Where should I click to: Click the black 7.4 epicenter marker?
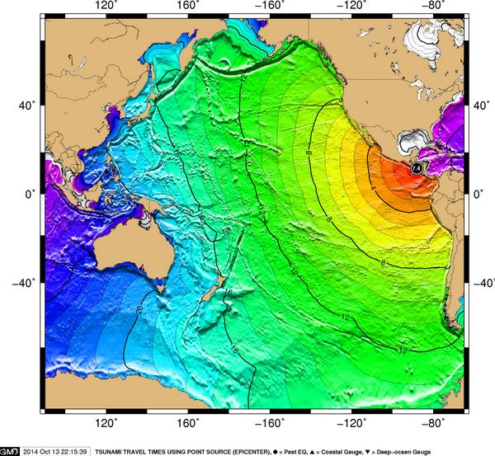[x=417, y=168]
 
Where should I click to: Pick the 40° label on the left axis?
[x=28, y=106]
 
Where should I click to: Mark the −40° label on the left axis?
[x=25, y=282]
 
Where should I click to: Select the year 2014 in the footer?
[x=31, y=451]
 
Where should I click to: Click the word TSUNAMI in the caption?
[x=110, y=451]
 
